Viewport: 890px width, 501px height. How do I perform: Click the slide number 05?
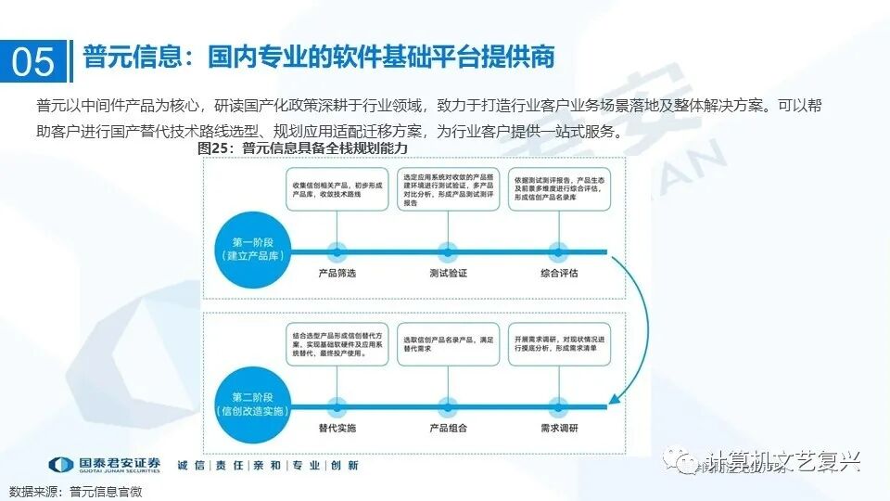pos(34,60)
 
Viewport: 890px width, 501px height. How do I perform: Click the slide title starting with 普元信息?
pos(320,57)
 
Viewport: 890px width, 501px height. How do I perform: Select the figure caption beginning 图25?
pos(303,148)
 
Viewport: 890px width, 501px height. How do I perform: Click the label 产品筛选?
pos(337,273)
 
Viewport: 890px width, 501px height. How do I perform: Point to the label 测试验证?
pos(449,273)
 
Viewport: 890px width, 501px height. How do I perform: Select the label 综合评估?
pos(559,273)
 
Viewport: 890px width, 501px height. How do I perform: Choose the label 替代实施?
pos(337,428)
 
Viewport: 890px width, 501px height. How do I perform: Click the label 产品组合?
pos(449,428)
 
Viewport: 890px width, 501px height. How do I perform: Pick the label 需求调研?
pos(559,428)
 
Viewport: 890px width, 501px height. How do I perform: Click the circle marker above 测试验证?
pos(449,250)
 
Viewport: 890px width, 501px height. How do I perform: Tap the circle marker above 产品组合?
pos(449,405)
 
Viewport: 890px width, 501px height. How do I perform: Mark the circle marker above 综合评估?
pos(559,250)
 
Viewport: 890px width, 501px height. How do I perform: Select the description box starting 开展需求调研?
pos(559,344)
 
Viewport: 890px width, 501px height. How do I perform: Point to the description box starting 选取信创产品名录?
pos(449,344)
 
